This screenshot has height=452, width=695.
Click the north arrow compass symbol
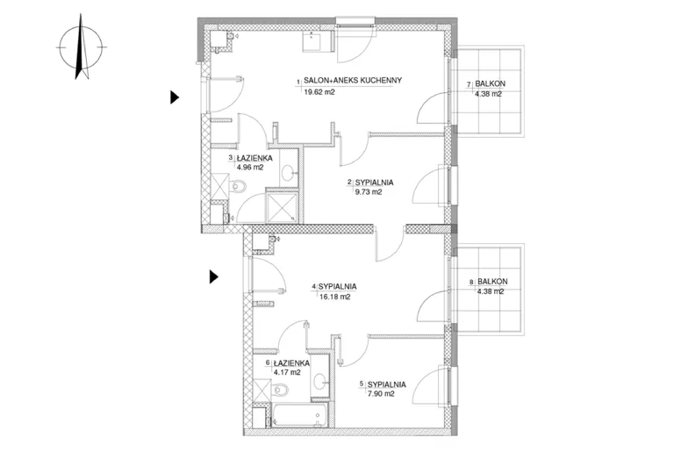point(81,47)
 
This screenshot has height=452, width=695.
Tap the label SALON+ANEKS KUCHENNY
point(353,80)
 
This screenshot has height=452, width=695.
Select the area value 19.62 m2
point(319,92)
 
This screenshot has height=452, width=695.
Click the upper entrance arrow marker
point(175,97)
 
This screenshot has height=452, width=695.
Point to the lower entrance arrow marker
point(214,277)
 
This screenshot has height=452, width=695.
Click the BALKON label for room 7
point(491,83)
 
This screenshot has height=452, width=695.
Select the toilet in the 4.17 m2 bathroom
point(280,391)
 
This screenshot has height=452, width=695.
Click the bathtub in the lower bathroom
point(299,416)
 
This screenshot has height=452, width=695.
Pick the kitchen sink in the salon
point(318,40)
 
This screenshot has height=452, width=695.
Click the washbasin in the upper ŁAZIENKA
point(289,172)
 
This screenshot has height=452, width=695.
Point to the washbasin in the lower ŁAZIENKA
point(320,381)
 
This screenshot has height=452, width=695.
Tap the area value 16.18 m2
point(334,297)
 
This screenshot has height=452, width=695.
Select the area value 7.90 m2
point(381,394)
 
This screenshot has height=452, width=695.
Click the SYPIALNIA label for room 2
point(375,183)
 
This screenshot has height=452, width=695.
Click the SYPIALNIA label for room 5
point(387,384)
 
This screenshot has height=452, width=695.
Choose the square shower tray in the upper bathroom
point(282,206)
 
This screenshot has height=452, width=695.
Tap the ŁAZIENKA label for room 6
point(291,363)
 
